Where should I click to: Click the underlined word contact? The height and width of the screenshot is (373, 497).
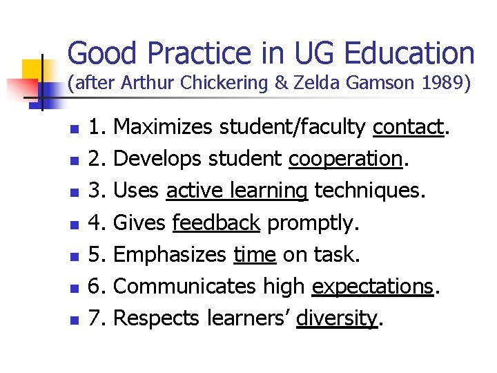407,127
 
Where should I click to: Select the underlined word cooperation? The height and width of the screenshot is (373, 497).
345,159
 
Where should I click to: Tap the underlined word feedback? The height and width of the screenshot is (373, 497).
216,223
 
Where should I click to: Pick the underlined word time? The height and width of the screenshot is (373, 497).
255,255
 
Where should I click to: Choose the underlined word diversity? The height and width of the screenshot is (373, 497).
337,318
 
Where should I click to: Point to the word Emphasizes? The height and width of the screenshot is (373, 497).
169,255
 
